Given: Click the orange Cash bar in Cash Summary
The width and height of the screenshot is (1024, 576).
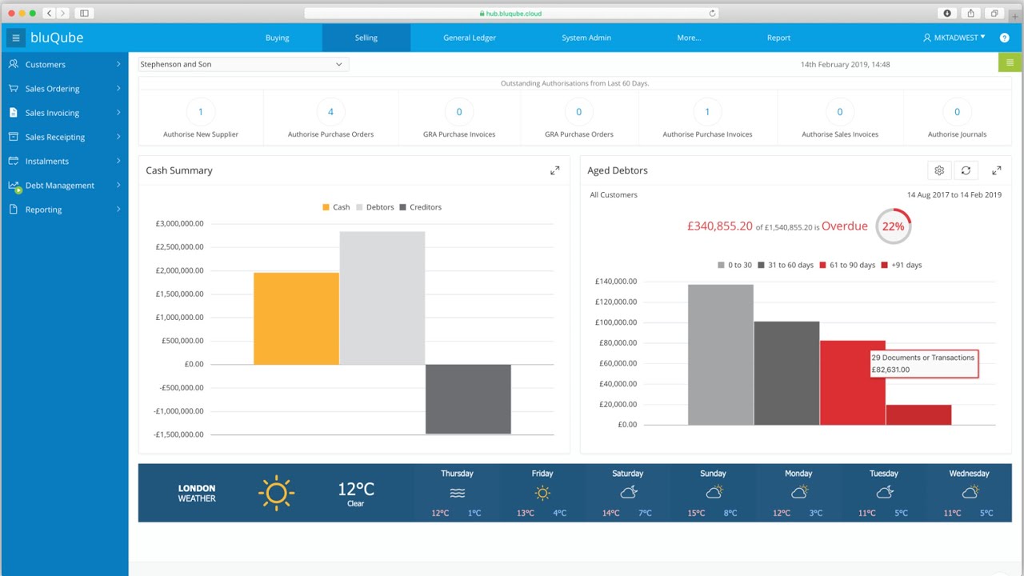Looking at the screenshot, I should [296, 318].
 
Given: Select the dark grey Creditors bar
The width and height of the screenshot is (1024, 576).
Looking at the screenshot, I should [468, 398].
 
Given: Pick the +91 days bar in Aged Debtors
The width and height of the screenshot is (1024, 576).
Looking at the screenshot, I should [918, 414].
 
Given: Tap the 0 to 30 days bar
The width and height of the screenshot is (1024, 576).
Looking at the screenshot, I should [720, 354].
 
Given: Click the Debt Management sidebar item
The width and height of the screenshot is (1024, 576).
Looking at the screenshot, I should [60, 186].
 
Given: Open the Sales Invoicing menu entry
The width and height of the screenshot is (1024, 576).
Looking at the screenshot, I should [52, 113].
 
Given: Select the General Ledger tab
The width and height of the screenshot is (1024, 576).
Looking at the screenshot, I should [470, 38].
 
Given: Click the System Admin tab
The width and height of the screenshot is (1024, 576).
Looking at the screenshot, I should [586, 38].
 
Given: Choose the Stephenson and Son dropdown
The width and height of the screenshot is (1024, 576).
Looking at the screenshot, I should [243, 64].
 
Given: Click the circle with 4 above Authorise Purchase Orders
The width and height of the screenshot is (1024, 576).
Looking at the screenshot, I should [330, 112].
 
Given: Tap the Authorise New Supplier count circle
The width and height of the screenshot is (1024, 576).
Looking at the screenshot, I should [201, 112].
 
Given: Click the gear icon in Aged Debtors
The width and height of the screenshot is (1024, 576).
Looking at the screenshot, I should [939, 170].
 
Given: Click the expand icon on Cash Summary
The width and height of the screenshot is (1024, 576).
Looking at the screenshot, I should [554, 170].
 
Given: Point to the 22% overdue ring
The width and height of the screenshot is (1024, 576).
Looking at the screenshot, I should [893, 226].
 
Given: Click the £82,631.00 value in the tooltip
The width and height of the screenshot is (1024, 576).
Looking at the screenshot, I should [890, 370].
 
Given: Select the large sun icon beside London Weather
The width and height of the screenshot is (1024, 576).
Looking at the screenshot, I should [276, 493].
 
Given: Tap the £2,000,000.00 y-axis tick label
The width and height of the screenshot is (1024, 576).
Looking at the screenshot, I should [180, 270].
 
